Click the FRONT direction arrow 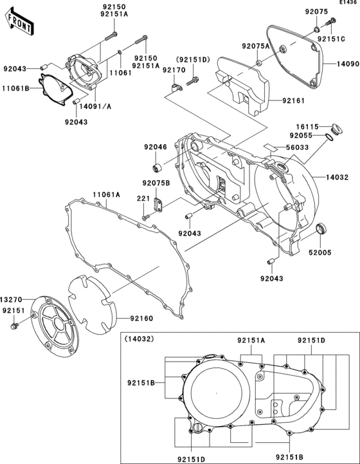19,23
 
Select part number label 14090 347,64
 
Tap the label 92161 292,101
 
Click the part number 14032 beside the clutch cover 337,177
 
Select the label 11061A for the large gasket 107,194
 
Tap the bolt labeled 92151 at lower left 14,326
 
